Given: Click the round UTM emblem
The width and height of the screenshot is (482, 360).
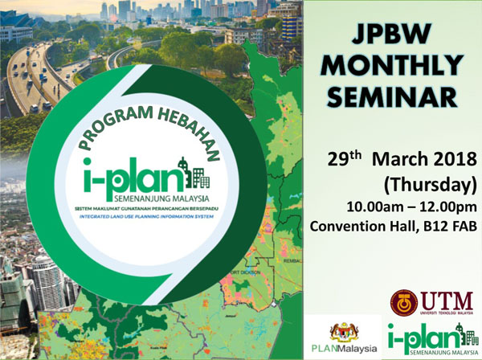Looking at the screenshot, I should point(405,302).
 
